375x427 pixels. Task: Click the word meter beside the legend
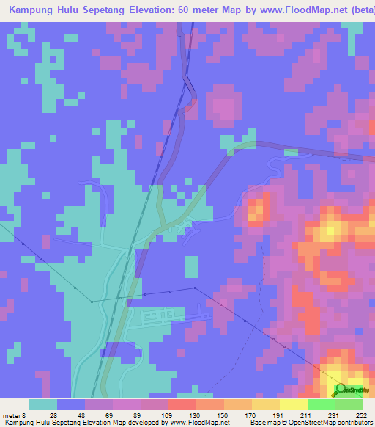12,414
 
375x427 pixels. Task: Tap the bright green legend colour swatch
321,404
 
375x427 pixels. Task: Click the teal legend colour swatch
42,404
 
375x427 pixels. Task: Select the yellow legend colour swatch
293,404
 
